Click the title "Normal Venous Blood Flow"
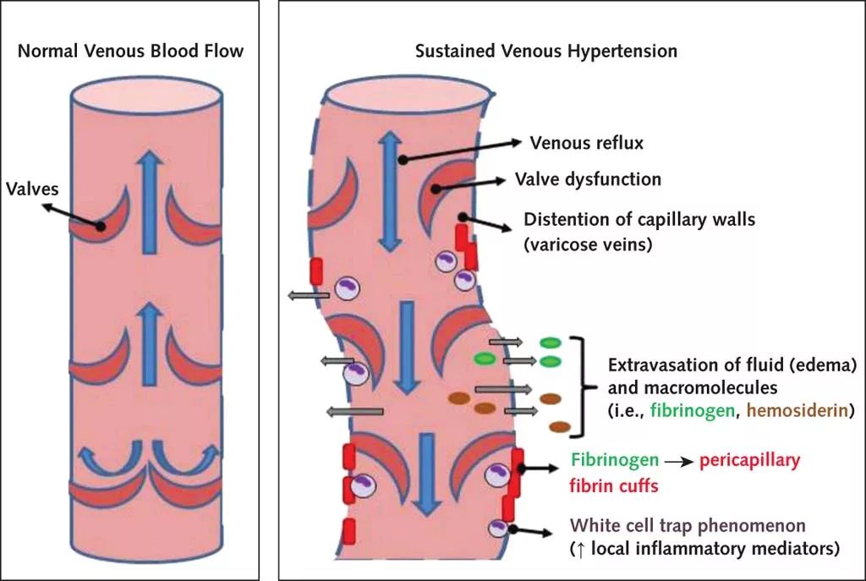(x=130, y=51)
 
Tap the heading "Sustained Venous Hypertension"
(x=546, y=51)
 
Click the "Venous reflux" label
(x=586, y=142)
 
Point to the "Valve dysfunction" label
(x=588, y=180)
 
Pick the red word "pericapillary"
(x=749, y=461)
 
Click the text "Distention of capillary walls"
(x=639, y=220)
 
